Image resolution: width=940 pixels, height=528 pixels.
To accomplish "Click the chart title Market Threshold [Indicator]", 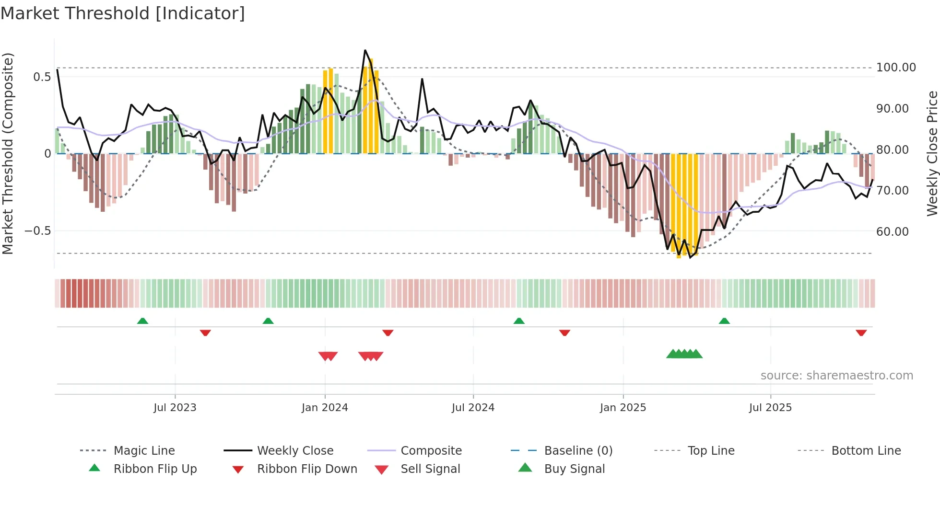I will coord(123,13).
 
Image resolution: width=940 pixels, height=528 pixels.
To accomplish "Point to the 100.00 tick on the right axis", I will coord(895,68).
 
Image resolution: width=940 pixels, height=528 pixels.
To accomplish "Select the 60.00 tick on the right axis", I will coord(892,232).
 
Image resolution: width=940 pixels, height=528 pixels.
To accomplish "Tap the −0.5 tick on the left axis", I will coord(37,231).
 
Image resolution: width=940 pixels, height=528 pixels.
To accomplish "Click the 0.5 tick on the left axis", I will coord(42,77).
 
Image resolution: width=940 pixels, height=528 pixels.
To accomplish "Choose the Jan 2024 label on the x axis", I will coord(325,408).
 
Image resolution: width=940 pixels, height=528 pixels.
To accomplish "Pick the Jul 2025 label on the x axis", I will coord(770,408).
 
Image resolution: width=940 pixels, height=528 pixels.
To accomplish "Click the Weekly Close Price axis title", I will coord(932,153).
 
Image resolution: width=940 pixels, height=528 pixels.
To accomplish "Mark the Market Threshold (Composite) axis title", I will coord(8,153).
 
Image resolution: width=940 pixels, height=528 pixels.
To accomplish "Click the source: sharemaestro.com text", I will coord(836,376).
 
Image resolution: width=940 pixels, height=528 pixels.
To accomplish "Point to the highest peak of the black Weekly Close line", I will coord(365,50).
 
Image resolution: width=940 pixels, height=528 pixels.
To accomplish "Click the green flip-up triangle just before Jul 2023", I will coord(142,321).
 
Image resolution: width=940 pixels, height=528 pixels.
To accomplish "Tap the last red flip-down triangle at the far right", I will coord(861,333).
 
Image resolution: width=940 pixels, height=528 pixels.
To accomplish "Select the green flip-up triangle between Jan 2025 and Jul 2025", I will coord(724,321).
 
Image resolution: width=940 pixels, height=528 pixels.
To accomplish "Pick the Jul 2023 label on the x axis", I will coord(175,408).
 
